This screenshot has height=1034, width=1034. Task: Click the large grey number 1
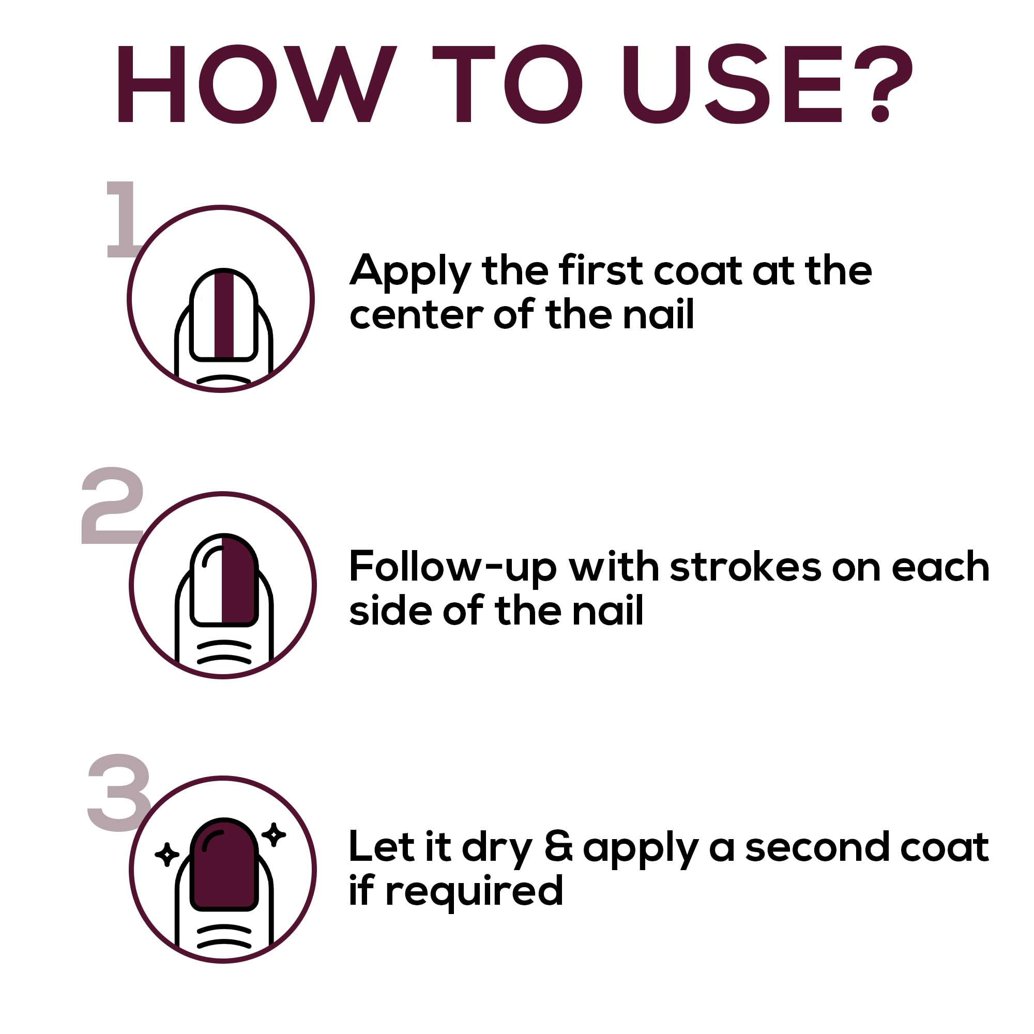click(x=122, y=219)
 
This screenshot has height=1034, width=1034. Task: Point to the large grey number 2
click(x=112, y=505)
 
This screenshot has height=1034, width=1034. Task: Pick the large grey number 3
click(x=119, y=792)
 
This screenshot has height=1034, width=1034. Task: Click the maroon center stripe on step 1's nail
click(x=224, y=315)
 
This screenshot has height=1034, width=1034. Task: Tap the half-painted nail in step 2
click(x=224, y=580)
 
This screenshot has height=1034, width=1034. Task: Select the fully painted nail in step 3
click(x=224, y=865)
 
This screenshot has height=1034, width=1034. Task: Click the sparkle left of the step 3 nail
click(x=167, y=855)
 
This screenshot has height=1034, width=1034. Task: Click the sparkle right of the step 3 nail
click(x=274, y=835)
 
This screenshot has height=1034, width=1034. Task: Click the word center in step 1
click(x=416, y=315)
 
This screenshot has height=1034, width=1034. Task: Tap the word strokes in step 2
click(x=745, y=566)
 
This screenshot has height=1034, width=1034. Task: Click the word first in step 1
click(x=600, y=270)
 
